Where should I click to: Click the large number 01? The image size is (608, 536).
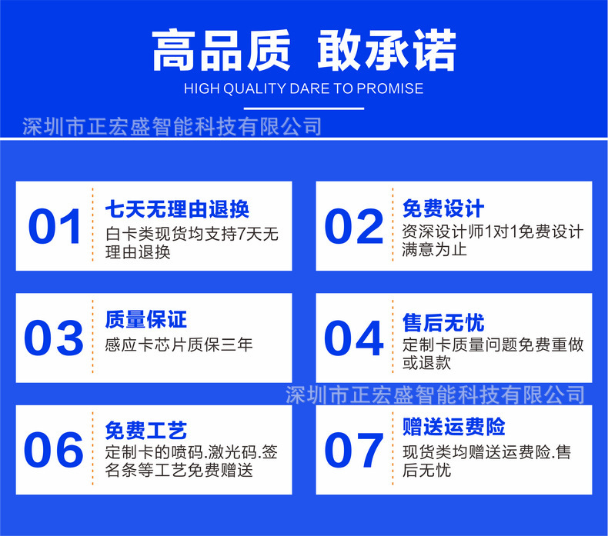pos(55,227)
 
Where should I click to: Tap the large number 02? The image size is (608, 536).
pos(353,227)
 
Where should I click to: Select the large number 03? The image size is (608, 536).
pos(55,338)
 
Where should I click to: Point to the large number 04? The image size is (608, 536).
pos(353,338)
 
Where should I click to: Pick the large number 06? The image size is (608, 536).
pos(55,449)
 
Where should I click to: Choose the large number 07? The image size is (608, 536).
pos(353,449)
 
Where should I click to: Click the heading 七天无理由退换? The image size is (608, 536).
pos(177,209)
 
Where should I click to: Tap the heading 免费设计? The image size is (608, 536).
pos(443,208)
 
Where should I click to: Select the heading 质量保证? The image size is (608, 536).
pos(145,319)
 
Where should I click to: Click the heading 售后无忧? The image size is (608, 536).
pos(443,321)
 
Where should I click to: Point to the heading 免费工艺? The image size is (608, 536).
pos(145,431)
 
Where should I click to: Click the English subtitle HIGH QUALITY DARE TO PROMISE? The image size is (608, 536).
pos(303,88)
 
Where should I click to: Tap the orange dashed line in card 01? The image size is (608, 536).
pos(92,227)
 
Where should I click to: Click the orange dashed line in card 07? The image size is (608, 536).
pos(391,449)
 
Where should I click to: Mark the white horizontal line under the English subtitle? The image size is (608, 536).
pos(303,108)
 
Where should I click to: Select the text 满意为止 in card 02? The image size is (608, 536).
pos(434,250)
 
